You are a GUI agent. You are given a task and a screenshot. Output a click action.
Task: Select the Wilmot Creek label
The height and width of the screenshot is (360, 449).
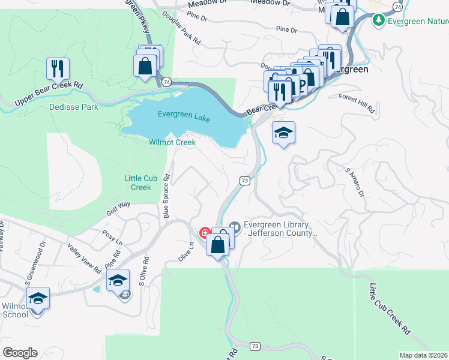point(172,142)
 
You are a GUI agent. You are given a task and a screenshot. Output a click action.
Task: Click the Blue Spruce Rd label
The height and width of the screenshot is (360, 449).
point(167,196)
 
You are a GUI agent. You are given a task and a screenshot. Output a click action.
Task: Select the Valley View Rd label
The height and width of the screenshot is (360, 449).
point(84,258)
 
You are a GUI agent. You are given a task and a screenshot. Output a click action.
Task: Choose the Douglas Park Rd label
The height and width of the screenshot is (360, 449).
point(188,32)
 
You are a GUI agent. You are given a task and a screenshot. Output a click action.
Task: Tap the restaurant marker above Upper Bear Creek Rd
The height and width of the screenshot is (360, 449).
point(58,68)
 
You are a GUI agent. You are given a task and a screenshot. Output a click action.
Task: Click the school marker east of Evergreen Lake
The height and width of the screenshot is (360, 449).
point(284,133)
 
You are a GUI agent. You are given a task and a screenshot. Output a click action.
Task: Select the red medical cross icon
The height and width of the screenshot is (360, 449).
point(204,232)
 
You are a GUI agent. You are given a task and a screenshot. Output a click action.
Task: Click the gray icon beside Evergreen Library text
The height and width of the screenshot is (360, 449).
point(235,227)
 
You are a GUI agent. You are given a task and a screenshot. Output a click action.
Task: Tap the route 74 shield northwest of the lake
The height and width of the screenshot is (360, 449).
point(166,81)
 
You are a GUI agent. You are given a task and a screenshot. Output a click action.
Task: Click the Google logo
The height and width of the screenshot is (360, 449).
point(20,353)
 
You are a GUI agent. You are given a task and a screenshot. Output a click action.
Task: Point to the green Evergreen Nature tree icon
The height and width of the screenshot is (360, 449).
point(378,21)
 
